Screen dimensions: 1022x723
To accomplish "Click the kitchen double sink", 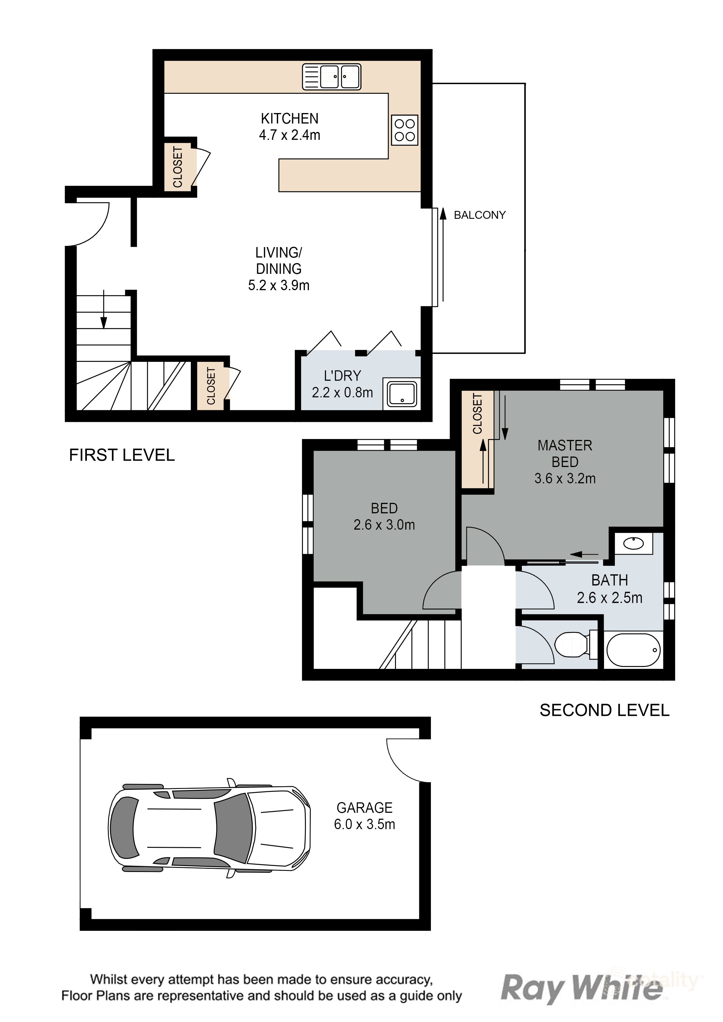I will click(332, 77).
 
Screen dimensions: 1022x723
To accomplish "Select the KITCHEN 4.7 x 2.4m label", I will click(289, 126).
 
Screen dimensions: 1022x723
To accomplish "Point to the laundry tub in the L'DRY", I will click(402, 394).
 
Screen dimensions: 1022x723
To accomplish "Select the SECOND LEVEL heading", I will click(605, 710).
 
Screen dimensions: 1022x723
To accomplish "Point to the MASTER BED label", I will click(565, 461).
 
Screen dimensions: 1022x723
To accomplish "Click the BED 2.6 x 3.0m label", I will click(384, 516).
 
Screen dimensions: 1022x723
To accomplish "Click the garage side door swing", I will click(408, 760).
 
